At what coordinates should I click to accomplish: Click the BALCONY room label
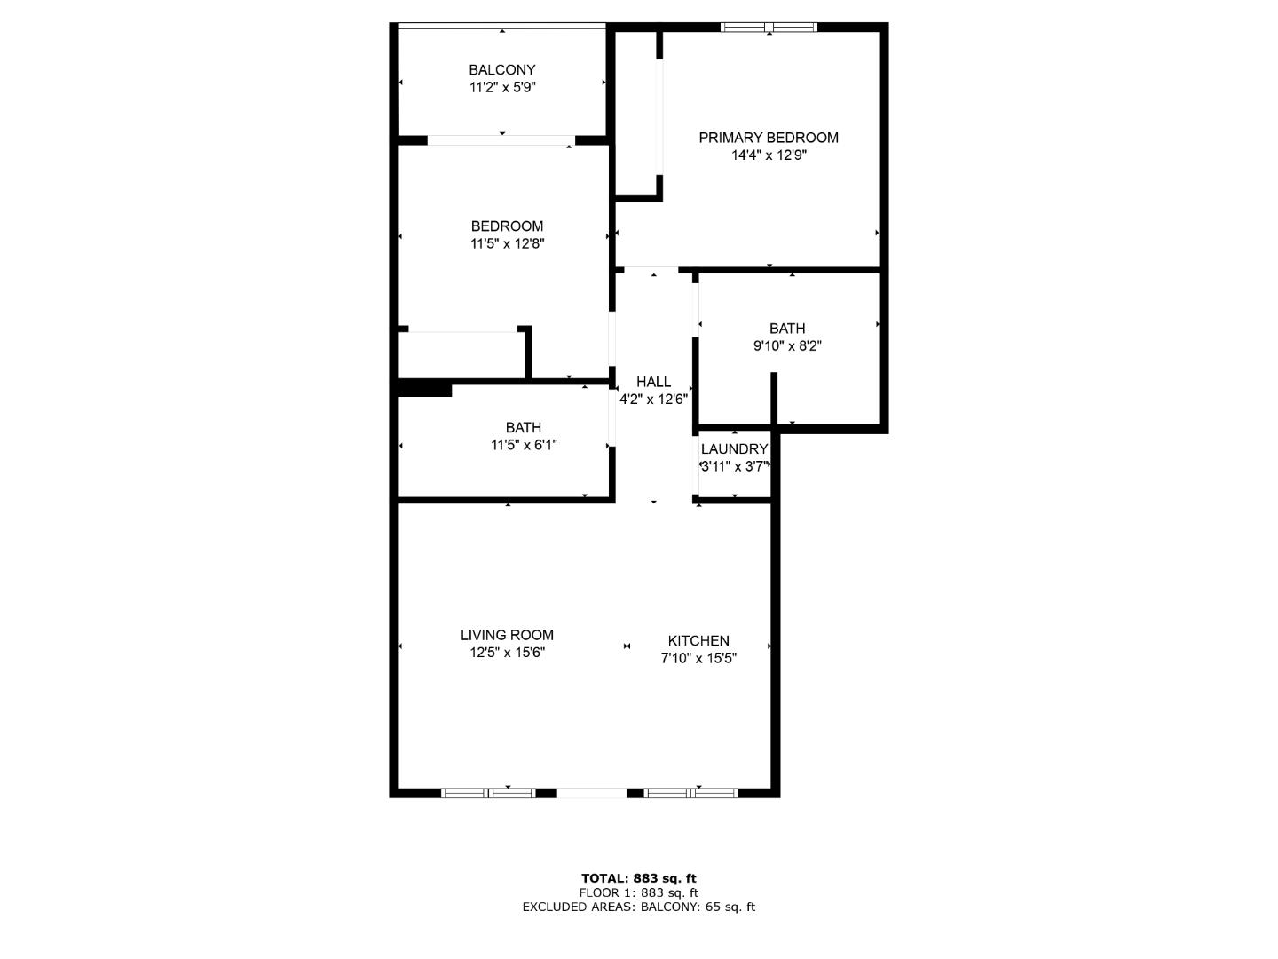point(502,70)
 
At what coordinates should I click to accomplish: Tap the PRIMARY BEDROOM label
point(769,138)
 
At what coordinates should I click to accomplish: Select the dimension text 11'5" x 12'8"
point(507,243)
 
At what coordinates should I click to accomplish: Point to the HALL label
point(653,382)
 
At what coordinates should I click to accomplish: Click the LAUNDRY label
point(734,449)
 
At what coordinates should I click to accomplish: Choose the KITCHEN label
point(698,640)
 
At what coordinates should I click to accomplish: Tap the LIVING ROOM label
point(507,635)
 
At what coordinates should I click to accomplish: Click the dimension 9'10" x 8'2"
point(787,346)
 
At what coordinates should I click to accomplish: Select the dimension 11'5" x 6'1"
point(524,445)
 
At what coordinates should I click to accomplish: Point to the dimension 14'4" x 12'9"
point(769,155)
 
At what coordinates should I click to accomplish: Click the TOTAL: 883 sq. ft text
point(639,878)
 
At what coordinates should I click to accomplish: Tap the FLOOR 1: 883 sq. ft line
point(639,892)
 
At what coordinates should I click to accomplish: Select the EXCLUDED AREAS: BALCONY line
point(639,907)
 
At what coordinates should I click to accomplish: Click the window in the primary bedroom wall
point(769,28)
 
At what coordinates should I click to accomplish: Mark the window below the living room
point(488,792)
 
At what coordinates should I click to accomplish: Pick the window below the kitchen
point(690,792)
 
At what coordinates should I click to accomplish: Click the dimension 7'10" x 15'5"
point(698,658)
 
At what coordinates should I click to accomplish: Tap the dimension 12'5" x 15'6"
point(507,652)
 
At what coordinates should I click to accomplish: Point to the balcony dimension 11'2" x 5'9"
point(502,87)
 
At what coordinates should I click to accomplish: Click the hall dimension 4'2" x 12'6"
point(653,400)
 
